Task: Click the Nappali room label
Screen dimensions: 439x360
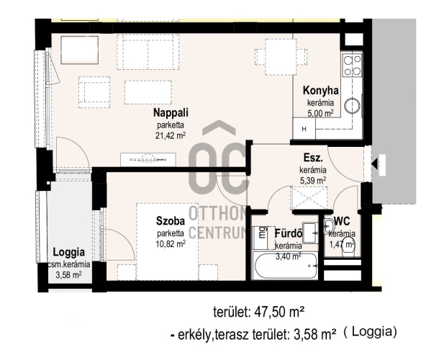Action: [x=171, y=112]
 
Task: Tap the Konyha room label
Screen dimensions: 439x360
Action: [x=320, y=91]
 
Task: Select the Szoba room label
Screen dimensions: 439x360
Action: [x=171, y=221]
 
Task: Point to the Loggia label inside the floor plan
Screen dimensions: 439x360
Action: [x=69, y=252]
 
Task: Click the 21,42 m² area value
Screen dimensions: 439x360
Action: [x=171, y=135]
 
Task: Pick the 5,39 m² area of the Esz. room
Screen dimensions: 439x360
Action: [x=313, y=181]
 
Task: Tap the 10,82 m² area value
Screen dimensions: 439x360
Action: [x=171, y=244]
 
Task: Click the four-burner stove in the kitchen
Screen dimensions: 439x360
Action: [x=352, y=65]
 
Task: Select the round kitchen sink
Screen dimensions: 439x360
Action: [x=352, y=106]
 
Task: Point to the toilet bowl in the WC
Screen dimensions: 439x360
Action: [x=348, y=246]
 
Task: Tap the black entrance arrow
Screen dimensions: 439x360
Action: [x=375, y=163]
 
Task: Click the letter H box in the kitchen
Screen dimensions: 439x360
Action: [x=304, y=129]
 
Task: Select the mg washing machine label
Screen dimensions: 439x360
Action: [x=262, y=233]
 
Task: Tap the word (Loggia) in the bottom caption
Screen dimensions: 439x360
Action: [x=370, y=332]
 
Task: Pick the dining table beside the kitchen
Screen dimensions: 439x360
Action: [x=281, y=57]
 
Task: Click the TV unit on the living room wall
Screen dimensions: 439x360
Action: [x=148, y=160]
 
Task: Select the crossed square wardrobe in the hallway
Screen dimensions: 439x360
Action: [x=309, y=198]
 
